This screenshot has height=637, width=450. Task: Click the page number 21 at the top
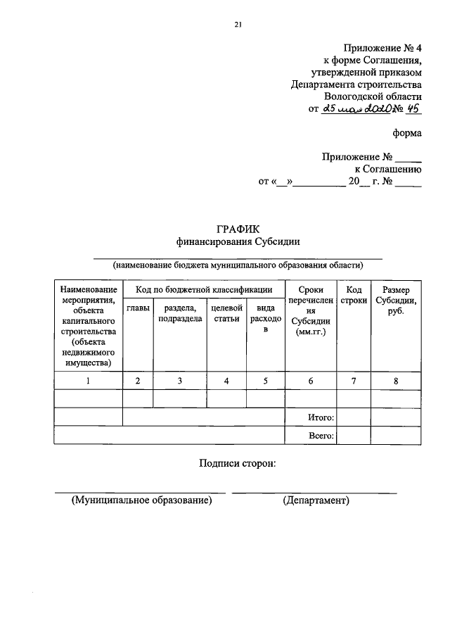[x=238, y=25]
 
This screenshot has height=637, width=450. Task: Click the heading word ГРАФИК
[x=238, y=228]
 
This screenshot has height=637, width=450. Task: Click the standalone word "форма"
[x=408, y=133]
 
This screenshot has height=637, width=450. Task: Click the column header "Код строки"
[x=354, y=296]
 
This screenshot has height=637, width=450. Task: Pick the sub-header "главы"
[x=138, y=308]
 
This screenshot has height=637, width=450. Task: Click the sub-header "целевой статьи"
[x=226, y=313]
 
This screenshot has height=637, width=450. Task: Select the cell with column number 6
[x=310, y=381]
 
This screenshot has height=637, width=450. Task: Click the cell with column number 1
[x=88, y=381]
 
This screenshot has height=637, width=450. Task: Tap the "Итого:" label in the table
[x=321, y=417]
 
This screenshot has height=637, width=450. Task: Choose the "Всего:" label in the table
[x=321, y=436]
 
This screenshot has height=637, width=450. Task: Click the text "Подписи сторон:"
[x=238, y=462]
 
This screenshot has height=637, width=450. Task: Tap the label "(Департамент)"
[x=316, y=500]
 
